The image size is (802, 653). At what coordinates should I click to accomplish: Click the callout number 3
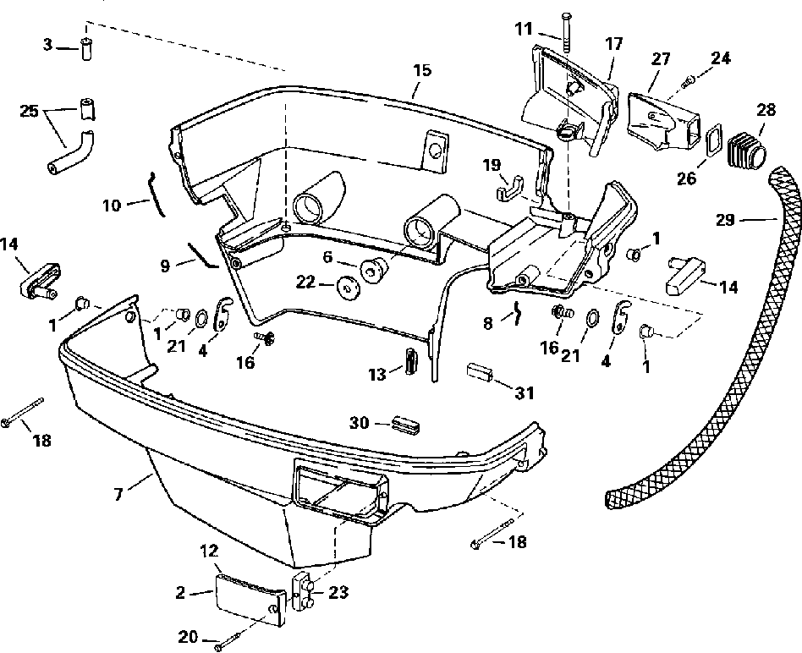pos(47,45)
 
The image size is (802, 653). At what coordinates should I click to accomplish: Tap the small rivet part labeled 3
pos(86,49)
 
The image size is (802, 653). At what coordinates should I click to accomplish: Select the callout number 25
pos(29,111)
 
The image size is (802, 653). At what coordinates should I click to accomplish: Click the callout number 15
pos(422,70)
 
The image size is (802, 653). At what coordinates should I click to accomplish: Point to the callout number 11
pos(524,29)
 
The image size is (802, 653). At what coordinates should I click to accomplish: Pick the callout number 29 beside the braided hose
pos(725,220)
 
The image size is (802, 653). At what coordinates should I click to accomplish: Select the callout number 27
pos(661,59)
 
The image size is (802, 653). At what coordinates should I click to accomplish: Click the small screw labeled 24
pos(689,80)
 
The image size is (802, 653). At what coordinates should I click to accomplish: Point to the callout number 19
pos(492,165)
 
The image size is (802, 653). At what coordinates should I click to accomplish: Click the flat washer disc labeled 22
pos(349,287)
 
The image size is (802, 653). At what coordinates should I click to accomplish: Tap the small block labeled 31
pos(480,372)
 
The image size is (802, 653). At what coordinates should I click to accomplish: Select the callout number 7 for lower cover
pos(118,495)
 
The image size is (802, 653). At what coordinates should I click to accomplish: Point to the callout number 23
pos(338,592)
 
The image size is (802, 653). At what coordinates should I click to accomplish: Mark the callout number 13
pos(377,375)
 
